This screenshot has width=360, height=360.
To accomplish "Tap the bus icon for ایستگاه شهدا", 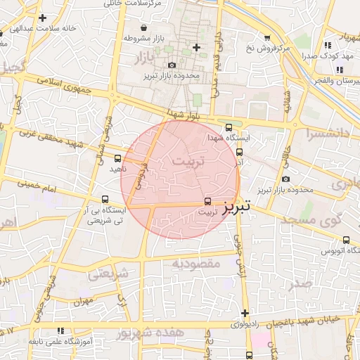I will [229, 127].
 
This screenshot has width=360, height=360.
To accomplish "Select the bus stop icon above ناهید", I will [117, 158].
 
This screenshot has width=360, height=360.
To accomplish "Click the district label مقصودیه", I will [196, 264].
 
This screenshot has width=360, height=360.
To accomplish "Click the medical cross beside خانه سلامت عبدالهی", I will [44, 18].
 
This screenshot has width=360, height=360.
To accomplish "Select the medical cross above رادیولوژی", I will [245, 313].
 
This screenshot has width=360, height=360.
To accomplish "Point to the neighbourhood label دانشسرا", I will [323, 132].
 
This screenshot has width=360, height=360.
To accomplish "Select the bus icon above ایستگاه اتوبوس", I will [346, 240].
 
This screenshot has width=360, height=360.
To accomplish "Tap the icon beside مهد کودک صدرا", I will [327, 45].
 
